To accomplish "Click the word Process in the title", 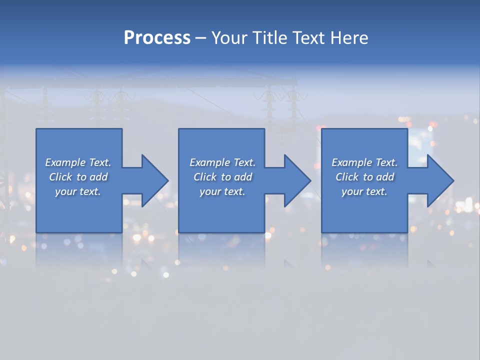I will coord(157,38).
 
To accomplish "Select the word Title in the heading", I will coord(271,38).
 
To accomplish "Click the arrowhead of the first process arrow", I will coord(154,180).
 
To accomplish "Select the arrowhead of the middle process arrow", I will coord(297,180).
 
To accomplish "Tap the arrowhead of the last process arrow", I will coord(439,180).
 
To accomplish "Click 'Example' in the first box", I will coord(65,162).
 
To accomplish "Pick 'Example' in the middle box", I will coord(209,162).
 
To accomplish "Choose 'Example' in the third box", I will coord(351,162).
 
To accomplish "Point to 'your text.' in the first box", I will coord(77,191).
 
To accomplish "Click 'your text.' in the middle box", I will coord(222,191).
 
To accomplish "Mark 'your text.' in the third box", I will coord(364,191).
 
